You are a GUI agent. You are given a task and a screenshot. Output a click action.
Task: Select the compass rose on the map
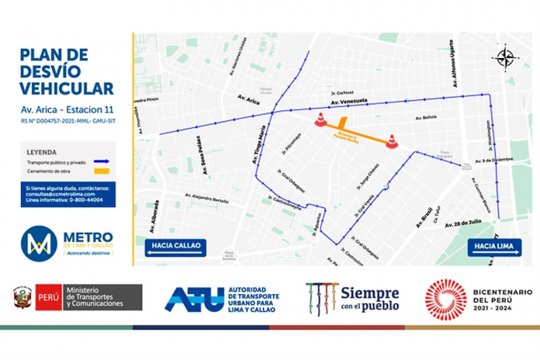pyautogui.click(x=504, y=56)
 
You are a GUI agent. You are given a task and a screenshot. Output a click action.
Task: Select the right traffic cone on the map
pyautogui.click(x=392, y=141)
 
